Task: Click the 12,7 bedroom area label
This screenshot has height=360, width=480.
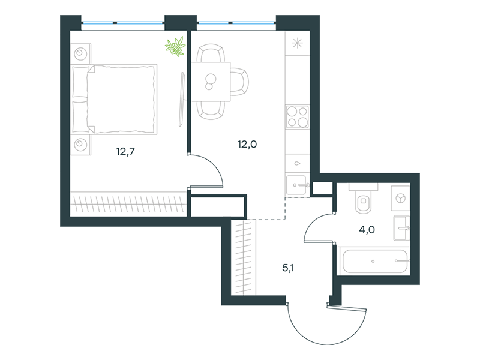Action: coord(125,152)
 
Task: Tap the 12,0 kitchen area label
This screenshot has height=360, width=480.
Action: coord(247,144)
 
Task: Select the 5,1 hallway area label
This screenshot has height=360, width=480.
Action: coord(288,268)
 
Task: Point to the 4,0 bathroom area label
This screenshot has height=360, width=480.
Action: coord(367,230)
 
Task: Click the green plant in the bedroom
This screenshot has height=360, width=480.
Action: coord(175,46)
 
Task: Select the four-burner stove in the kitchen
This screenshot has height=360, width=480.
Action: coord(297,116)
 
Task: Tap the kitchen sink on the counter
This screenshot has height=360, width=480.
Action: coord(296,185)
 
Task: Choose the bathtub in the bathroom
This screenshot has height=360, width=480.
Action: coord(375,261)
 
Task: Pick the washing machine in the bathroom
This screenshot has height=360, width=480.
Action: coord(400,198)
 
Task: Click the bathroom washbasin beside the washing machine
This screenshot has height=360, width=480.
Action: coord(401,228)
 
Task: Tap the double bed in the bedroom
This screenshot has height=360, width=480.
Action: coord(114,99)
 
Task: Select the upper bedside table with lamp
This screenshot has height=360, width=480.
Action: coord(81,53)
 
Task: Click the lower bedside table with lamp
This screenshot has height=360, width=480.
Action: coord(81,145)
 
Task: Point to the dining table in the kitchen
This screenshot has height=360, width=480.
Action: coord(211,82)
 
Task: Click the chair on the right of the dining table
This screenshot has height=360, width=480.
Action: coord(239,82)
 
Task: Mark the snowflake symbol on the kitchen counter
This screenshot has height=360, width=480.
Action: coord(297,43)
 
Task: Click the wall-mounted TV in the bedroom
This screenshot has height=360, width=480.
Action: coord(182,99)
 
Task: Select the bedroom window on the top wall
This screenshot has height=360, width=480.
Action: coord(123,23)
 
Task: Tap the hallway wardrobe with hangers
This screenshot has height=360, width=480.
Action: coord(244,258)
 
